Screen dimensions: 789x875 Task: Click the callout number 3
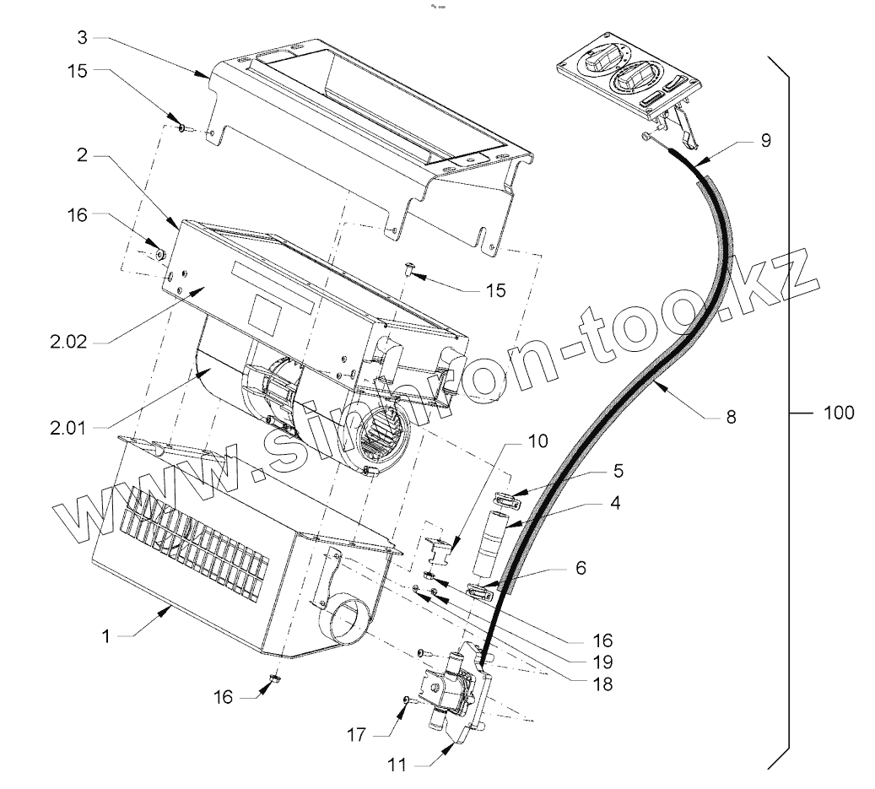[x=81, y=37]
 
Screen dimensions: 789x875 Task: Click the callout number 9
[x=765, y=141]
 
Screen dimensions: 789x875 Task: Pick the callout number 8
[x=730, y=416]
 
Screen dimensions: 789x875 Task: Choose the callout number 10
[x=537, y=440]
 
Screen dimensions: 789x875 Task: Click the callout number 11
[x=397, y=765]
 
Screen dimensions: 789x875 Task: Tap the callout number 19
[x=602, y=662]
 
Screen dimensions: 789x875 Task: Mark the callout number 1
[x=105, y=635]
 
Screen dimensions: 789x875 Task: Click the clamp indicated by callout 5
[x=503, y=500]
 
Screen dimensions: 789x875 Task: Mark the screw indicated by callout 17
[x=408, y=700]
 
